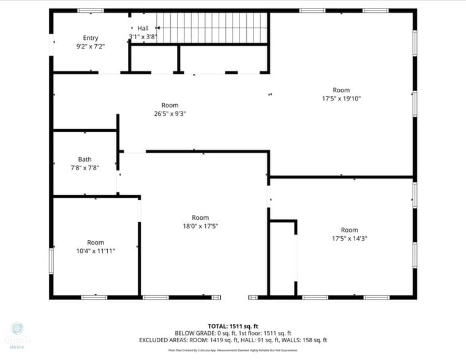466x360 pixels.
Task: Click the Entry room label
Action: click(x=91, y=38)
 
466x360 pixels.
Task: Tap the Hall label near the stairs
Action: click(x=143, y=28)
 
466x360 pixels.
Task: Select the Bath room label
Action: click(x=85, y=159)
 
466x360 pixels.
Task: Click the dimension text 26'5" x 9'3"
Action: click(x=170, y=113)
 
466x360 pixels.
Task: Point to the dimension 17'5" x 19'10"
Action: click(x=341, y=98)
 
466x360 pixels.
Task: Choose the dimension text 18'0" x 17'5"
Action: click(x=200, y=226)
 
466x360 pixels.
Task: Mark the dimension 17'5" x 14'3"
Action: click(x=349, y=239)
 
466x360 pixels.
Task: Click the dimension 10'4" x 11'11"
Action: click(x=96, y=250)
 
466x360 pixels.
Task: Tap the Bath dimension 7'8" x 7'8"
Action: click(x=85, y=167)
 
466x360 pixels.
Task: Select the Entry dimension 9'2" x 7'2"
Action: click(x=91, y=46)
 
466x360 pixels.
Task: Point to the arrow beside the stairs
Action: click(x=158, y=28)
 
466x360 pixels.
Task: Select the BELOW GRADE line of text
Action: click(x=233, y=332)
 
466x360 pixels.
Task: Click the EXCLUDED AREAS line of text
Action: click(x=233, y=340)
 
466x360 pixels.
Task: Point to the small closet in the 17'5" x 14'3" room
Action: click(x=282, y=257)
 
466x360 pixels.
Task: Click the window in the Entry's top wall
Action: click(x=91, y=10)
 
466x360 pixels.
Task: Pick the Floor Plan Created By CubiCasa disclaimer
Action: click(x=233, y=350)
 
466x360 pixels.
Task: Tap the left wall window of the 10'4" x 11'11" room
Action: click(x=51, y=260)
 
